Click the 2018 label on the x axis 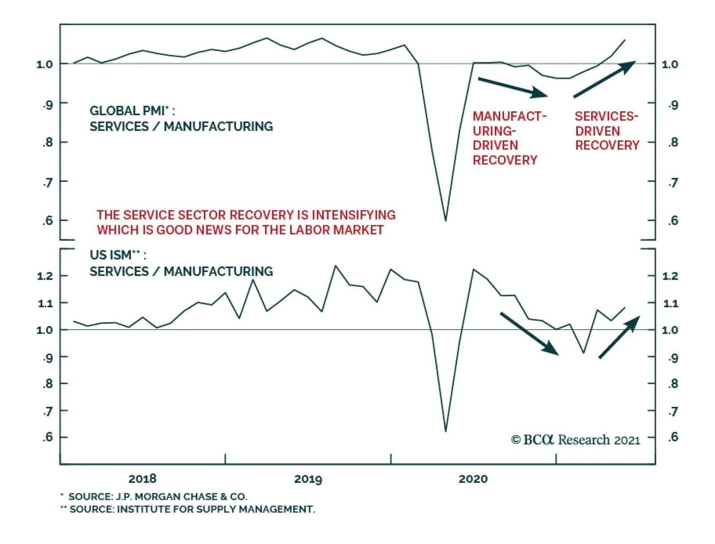coord(142,479)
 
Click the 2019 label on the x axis coord(308,479)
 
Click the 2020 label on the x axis coord(473,479)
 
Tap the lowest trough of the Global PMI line coord(446,220)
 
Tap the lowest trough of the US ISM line coord(446,431)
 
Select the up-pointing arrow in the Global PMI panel coord(604,79)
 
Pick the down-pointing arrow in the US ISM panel coord(529,334)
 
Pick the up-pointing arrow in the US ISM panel coord(619,337)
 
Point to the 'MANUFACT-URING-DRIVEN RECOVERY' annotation coord(509,138)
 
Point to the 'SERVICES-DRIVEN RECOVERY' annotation coord(606,131)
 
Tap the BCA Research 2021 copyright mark coord(575,440)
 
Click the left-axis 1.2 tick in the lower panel coord(45,276)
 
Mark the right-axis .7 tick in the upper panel coord(673,183)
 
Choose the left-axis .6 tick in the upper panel coord(47,220)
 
